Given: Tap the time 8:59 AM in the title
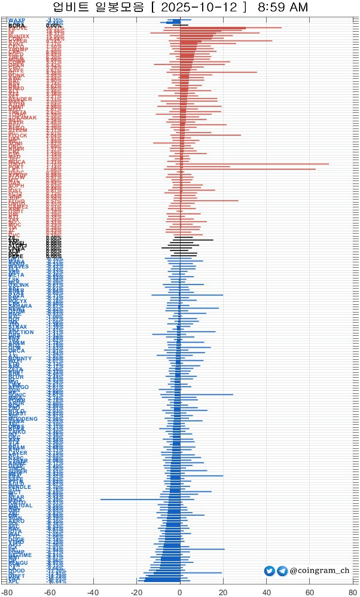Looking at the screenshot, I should point(283,8).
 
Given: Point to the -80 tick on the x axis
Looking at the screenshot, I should point(7,591).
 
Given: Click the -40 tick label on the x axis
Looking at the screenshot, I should point(93,591).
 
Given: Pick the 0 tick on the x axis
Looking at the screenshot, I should point(180,591).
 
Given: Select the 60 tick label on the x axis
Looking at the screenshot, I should point(310,591).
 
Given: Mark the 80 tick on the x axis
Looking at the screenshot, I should point(353,591).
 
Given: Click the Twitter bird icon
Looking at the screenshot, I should point(270,571).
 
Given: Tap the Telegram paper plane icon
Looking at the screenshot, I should point(282,571).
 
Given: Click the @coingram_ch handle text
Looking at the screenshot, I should point(319,571).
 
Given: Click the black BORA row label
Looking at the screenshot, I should point(17,26).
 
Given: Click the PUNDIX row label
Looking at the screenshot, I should point(19,36).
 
